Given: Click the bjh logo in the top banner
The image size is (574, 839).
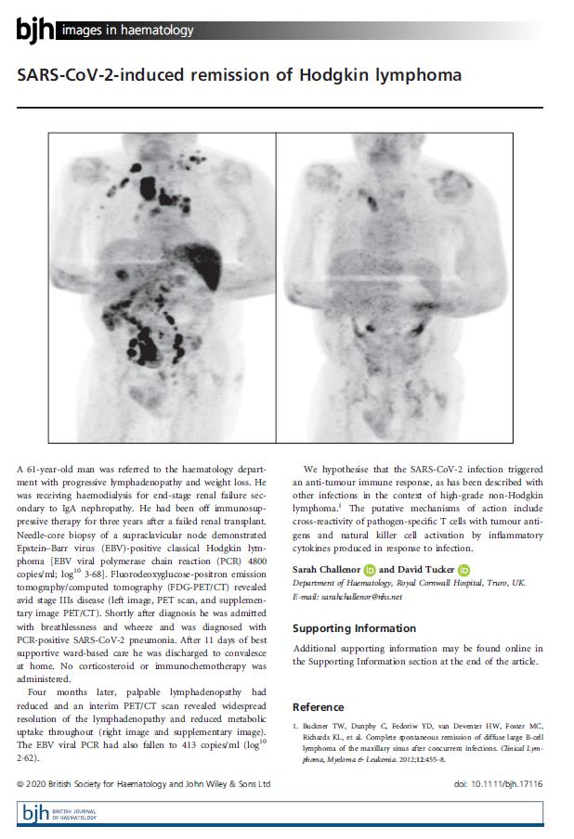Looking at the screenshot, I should pyautogui.click(x=35, y=30).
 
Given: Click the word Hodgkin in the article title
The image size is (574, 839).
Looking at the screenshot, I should pyautogui.click(x=341, y=75).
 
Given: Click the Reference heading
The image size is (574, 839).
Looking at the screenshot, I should pyautogui.click(x=318, y=706).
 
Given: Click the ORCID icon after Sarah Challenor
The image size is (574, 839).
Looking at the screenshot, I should pyautogui.click(x=371, y=569).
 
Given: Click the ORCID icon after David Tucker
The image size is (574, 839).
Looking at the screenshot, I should pyautogui.click(x=464, y=569).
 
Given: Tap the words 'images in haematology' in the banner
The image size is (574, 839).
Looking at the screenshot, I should pyautogui.click(x=127, y=31).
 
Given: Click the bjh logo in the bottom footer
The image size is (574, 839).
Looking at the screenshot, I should pyautogui.click(x=36, y=814).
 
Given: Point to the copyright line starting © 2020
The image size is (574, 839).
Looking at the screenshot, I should pyautogui.click(x=144, y=783).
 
